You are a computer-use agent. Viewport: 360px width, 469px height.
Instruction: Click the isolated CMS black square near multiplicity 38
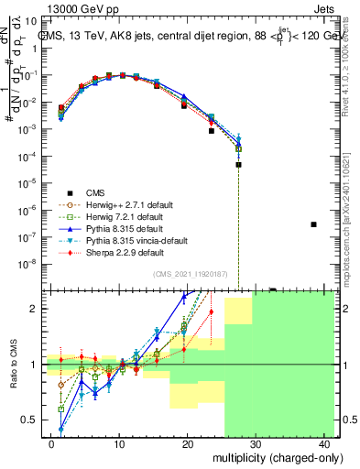pyautogui.click(x=313, y=224)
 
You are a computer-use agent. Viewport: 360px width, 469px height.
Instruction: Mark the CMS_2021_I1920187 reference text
pyautogui.click(x=192, y=274)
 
